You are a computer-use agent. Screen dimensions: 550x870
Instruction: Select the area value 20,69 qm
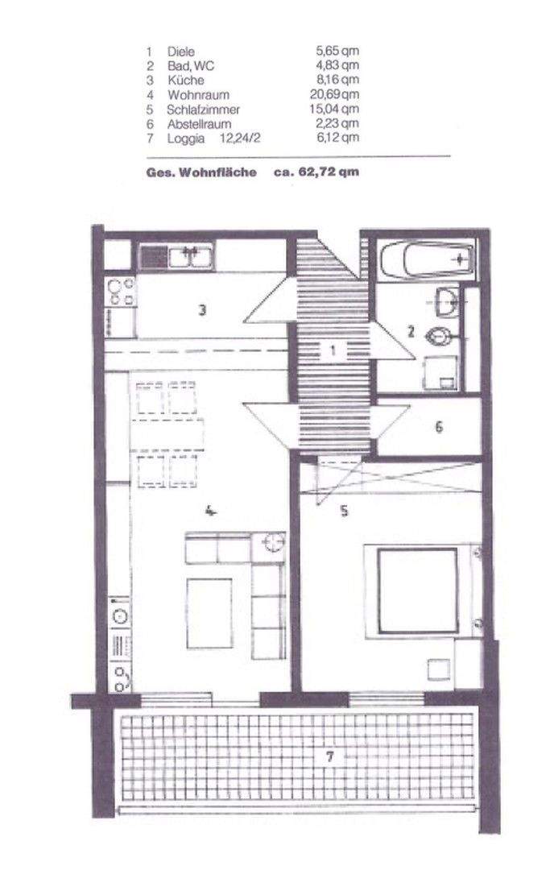[x=337, y=95]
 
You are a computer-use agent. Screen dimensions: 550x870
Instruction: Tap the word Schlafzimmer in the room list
[x=203, y=110]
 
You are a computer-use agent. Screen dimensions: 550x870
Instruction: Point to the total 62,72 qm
[x=328, y=172]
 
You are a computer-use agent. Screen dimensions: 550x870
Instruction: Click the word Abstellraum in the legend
[x=199, y=124]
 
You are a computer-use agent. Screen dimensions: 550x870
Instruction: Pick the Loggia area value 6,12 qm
[x=337, y=139]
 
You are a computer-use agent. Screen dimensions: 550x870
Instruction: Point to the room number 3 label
[x=204, y=309]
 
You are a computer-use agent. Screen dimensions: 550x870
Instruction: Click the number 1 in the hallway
[x=330, y=350]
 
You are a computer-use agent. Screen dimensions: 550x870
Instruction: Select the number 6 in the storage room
[x=439, y=427]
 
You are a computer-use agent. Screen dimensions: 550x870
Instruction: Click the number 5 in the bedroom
[x=344, y=510]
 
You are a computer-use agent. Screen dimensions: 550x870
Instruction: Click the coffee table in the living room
[x=209, y=612]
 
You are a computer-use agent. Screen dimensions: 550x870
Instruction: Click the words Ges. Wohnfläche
[x=201, y=172]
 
